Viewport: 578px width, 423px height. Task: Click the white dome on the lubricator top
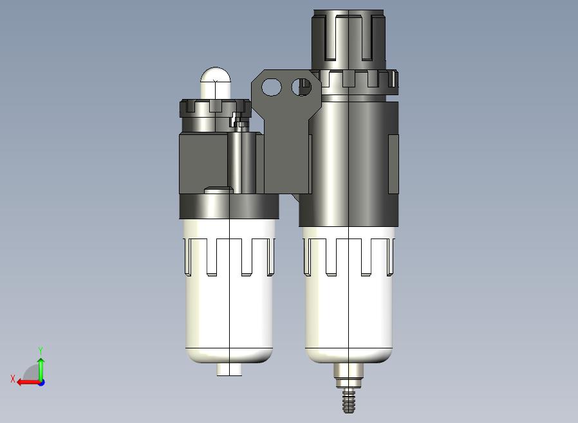tap(216, 83)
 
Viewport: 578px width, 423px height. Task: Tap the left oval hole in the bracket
tap(272, 87)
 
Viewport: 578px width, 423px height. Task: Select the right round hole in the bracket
tap(301, 87)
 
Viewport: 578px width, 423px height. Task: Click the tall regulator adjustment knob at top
tap(348, 39)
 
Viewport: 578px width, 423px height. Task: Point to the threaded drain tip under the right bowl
tap(349, 401)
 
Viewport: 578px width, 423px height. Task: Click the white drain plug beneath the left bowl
tap(229, 369)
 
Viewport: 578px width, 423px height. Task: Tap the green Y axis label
tap(41, 350)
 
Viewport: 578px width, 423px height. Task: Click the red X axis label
tap(13, 379)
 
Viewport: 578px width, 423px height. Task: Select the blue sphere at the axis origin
tap(41, 383)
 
